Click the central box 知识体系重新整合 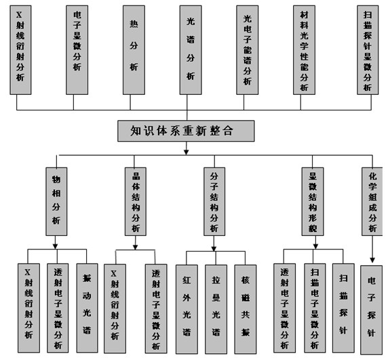click(x=186, y=131)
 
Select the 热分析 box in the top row click(x=134, y=50)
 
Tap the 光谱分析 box click(x=191, y=50)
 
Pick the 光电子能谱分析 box click(x=248, y=50)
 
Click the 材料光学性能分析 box click(x=304, y=50)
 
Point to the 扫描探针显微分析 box click(x=368, y=50)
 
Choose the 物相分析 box click(x=56, y=201)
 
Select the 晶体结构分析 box click(x=135, y=201)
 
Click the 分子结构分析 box click(x=214, y=201)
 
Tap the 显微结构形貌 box click(x=313, y=201)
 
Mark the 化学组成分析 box click(x=372, y=201)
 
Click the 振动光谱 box click(x=87, y=308)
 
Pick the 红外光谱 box click(x=187, y=309)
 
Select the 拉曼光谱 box click(x=216, y=309)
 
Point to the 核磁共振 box click(x=246, y=309)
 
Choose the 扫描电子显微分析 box click(x=315, y=308)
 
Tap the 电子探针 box click(x=371, y=310)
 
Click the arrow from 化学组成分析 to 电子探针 click(x=372, y=249)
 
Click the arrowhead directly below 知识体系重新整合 click(x=186, y=152)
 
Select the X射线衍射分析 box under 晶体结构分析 click(x=115, y=308)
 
